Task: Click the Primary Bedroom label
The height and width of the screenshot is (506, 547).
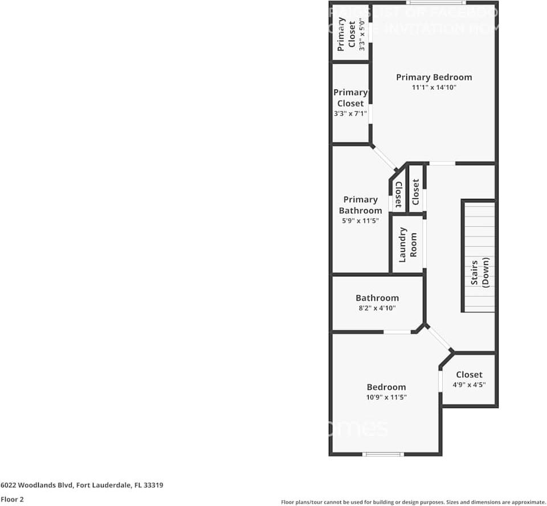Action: [434, 77]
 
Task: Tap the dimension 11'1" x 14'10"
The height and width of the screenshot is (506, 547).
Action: [434, 88]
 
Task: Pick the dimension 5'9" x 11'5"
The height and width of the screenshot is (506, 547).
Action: [360, 221]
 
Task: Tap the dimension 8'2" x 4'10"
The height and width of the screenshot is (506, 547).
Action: [377, 308]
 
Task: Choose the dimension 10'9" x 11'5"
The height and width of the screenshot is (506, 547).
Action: [386, 397]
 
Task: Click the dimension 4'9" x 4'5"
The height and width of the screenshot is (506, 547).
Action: [469, 385]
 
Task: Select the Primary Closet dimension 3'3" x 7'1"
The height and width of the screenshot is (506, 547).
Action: [350, 114]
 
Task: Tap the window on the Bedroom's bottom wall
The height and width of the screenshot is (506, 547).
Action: [383, 454]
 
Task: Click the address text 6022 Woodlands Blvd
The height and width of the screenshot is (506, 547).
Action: [82, 485]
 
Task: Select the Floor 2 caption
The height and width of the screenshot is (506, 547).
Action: [12, 499]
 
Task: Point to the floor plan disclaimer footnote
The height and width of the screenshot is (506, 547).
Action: [413, 502]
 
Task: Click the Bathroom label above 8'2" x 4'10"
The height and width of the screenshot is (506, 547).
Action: [377, 298]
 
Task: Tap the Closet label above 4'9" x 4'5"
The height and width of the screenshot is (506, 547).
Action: [469, 374]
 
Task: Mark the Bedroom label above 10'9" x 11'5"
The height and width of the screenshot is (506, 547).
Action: [386, 387]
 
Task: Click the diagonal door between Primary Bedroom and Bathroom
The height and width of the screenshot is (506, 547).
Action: [384, 157]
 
